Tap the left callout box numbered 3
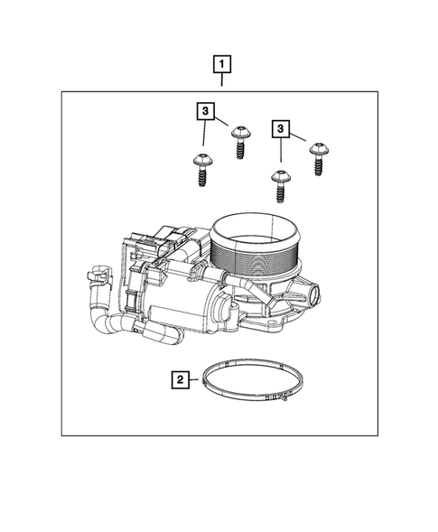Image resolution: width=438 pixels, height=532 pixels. click(207, 112)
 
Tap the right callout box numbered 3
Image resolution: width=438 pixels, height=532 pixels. click(284, 131)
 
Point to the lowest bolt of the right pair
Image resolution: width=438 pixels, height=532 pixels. click(280, 185)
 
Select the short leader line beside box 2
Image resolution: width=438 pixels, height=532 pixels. click(196, 380)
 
